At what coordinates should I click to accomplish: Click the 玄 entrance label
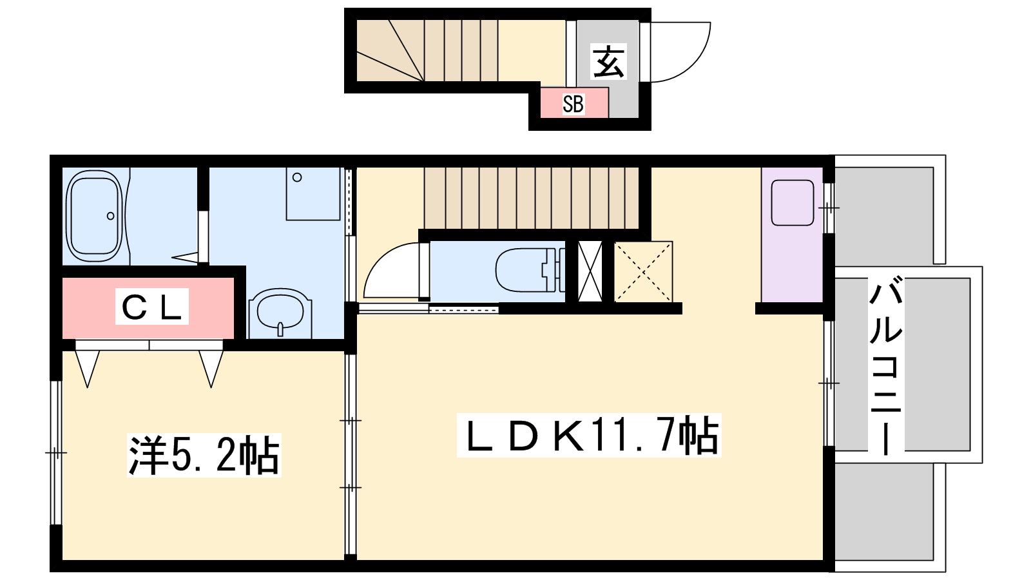[x=608, y=62]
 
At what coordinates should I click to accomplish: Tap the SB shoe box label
[x=573, y=104]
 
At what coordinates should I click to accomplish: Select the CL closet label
[x=152, y=306]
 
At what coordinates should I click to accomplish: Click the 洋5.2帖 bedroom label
[x=204, y=455]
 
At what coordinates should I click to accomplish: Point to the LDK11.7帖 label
[x=589, y=436]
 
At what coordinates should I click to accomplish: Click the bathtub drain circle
[x=110, y=216]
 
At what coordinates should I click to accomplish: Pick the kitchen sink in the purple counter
[x=793, y=203]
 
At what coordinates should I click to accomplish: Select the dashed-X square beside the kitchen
[x=644, y=271]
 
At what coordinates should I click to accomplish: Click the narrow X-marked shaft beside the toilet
[x=590, y=271]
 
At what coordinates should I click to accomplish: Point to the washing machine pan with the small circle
[x=313, y=194]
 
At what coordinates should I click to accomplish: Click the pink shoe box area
[x=574, y=102]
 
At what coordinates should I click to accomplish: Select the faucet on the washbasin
[x=280, y=329]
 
